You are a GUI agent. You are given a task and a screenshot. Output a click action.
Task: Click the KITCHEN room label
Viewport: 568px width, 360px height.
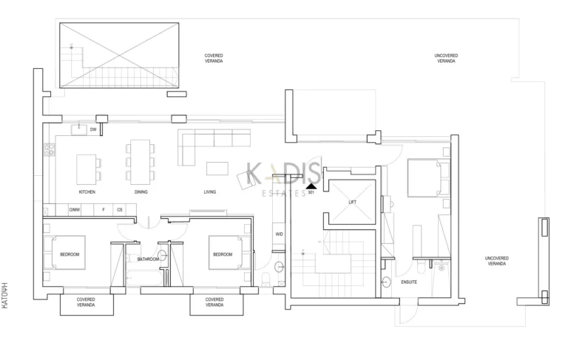pos(87,192)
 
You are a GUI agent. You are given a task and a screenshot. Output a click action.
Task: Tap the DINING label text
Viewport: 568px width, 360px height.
pos(141,192)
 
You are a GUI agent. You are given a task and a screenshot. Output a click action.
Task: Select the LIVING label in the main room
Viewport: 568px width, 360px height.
pos(210,192)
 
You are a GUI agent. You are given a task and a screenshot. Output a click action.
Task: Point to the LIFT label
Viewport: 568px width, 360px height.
pos(353,201)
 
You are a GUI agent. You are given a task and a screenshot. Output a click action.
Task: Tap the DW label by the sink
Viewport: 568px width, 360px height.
pos(93,130)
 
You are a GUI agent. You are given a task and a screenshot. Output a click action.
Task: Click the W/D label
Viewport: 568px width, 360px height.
pos(280,234)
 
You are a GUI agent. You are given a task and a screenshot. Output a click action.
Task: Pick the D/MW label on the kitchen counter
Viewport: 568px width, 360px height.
pos(75,210)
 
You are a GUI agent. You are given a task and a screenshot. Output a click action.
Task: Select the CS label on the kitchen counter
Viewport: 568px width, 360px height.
pos(119,210)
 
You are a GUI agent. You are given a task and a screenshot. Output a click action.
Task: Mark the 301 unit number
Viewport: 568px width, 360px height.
pos(311,193)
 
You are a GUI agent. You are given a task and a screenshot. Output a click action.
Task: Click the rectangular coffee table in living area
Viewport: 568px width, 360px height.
pos(217,168)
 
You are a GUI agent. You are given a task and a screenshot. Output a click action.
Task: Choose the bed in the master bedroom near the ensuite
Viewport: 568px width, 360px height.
pos(427,178)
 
